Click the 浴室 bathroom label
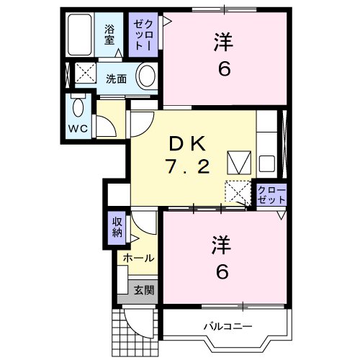110,35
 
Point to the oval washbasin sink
146,76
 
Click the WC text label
78,127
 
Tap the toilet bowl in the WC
78,108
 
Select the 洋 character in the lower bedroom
222,246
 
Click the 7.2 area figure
189,167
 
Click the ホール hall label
137,257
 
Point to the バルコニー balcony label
227,326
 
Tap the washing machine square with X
86,73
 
